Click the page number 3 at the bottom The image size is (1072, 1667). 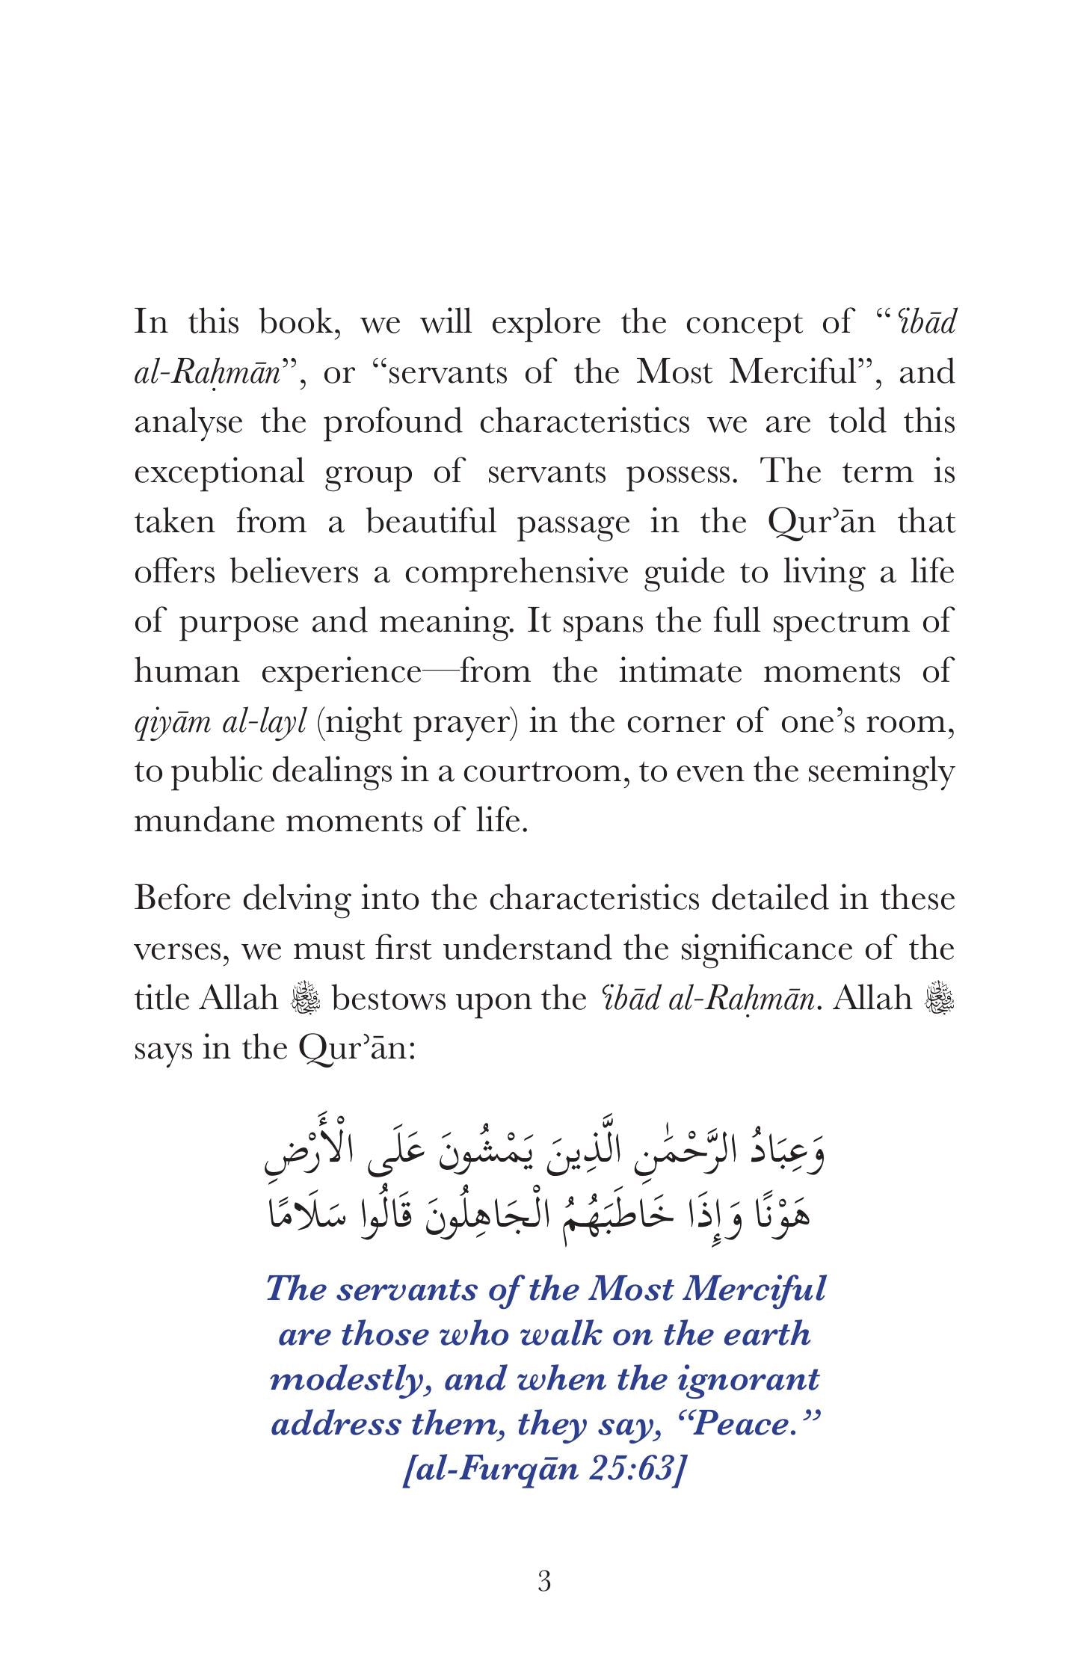(544, 1581)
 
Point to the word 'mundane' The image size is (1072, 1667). (205, 821)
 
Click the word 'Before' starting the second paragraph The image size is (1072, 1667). (182, 898)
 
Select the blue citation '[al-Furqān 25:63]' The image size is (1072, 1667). (544, 1469)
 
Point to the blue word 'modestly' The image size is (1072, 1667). (351, 1379)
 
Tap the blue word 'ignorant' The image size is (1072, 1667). (748, 1379)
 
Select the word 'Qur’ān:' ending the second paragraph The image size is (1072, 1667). (356, 1048)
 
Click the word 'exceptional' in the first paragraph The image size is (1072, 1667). (219, 472)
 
